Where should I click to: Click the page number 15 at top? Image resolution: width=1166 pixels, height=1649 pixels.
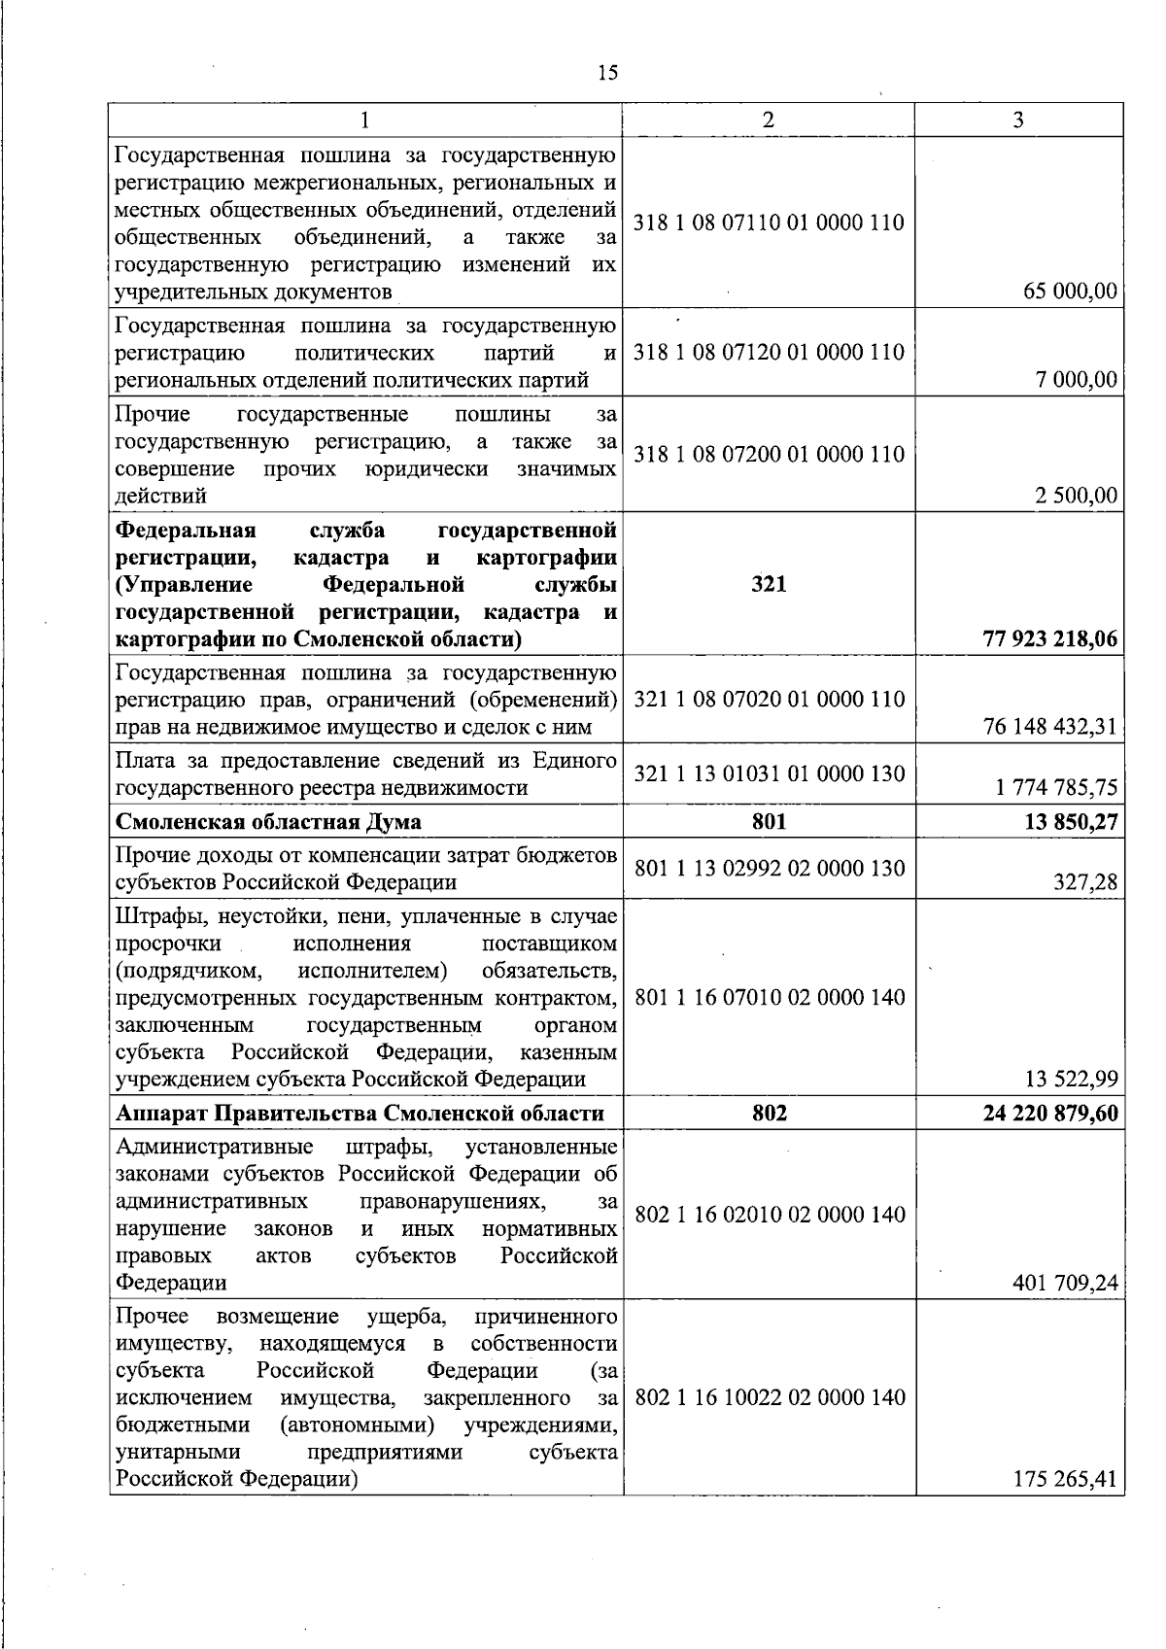[x=608, y=73]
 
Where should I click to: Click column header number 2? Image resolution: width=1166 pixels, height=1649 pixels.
[x=769, y=120]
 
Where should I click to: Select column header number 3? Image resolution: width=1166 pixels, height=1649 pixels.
[x=1018, y=120]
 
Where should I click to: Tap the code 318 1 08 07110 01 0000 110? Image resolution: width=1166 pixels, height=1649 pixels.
[x=769, y=223]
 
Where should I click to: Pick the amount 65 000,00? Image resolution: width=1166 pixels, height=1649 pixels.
[x=1070, y=292]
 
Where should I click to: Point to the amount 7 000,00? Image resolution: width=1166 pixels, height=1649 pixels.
[x=1078, y=379]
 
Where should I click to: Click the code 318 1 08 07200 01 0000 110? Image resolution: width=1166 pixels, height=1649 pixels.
[x=769, y=454]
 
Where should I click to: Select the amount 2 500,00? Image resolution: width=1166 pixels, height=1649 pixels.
[x=1076, y=496]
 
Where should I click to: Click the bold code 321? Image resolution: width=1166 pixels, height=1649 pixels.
[x=769, y=584]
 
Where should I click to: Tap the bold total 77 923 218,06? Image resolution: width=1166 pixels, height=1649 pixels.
[x=1050, y=639]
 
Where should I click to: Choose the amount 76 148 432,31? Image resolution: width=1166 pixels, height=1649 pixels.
[x=1050, y=726]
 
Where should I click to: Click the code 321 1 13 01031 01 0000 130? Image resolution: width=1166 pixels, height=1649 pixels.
[x=769, y=773]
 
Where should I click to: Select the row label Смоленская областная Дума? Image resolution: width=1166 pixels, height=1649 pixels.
[x=268, y=822]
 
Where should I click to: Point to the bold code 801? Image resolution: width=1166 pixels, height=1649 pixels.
[x=769, y=822]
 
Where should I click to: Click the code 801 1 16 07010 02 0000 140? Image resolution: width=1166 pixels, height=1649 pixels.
[x=769, y=997]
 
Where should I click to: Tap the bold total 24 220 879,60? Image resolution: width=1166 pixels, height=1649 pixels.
[x=1050, y=1114]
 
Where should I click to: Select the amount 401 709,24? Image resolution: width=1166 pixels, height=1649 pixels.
[x=1065, y=1283]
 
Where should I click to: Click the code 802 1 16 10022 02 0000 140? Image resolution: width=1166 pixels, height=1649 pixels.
[x=769, y=1397]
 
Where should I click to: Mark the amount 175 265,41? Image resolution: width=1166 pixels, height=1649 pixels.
[x=1065, y=1480]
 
